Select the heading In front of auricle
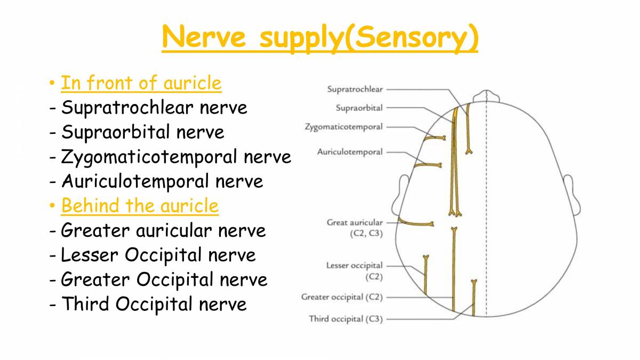pyautogui.click(x=141, y=83)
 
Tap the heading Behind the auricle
pyautogui.click(x=140, y=206)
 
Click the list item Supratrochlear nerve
pyautogui.click(x=154, y=108)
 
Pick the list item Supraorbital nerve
pyautogui.click(x=143, y=132)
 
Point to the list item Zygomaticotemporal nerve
pyautogui.click(x=176, y=157)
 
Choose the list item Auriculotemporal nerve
pyautogui.click(x=162, y=181)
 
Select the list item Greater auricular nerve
pyautogui.click(x=163, y=230)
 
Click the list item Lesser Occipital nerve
pyautogui.click(x=158, y=255)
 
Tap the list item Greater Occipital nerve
pyautogui.click(x=164, y=279)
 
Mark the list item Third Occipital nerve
pyautogui.click(x=154, y=304)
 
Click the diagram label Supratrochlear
pyautogui.click(x=355, y=90)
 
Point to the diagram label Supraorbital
pyautogui.click(x=359, y=108)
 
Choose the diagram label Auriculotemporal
pyautogui.click(x=350, y=152)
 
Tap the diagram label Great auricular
pyautogui.click(x=355, y=222)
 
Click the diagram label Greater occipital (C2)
pyautogui.click(x=342, y=297)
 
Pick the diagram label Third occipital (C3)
pyautogui.click(x=346, y=319)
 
